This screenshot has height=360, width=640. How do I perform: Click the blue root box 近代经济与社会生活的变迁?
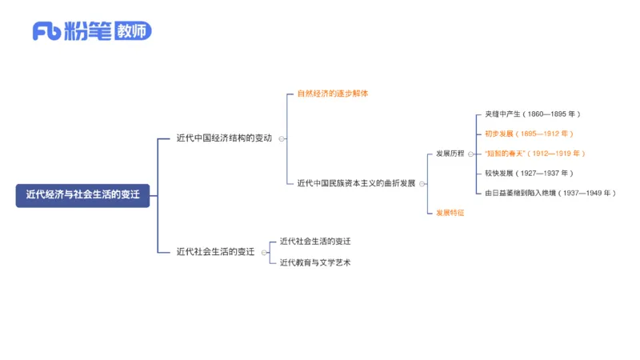pos(82,194)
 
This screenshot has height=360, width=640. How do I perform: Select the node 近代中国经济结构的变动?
pos(224,138)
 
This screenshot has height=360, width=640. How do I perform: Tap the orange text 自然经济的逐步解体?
pos(332,94)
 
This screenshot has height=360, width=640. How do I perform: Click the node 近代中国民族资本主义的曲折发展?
pos(356,183)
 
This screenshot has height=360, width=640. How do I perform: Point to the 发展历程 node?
pos(450,153)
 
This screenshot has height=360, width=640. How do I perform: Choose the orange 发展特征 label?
pos(450,212)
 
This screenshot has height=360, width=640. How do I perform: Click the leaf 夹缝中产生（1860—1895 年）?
pos(532,114)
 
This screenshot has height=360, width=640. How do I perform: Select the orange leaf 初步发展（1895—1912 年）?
pos(529,134)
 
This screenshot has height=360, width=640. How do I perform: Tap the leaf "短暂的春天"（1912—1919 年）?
pos(534,153)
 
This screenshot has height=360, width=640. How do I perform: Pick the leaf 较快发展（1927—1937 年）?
pos(529,173)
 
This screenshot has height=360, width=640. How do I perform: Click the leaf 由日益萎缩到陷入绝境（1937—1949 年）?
pos(550,193)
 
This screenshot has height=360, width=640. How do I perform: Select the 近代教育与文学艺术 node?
pos(315,262)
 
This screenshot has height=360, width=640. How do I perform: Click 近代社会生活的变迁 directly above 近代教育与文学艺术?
pos(315,241)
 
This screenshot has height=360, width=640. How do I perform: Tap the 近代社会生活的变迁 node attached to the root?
pos(215,251)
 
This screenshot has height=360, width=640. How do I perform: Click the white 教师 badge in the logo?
pos(132,32)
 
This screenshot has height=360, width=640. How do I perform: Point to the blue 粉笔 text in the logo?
pos(90,32)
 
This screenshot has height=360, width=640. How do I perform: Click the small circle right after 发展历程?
pos(470,154)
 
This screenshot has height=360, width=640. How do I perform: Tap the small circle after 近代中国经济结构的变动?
pos(282,138)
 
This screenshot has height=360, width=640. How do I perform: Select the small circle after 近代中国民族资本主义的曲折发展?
pos(422,183)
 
